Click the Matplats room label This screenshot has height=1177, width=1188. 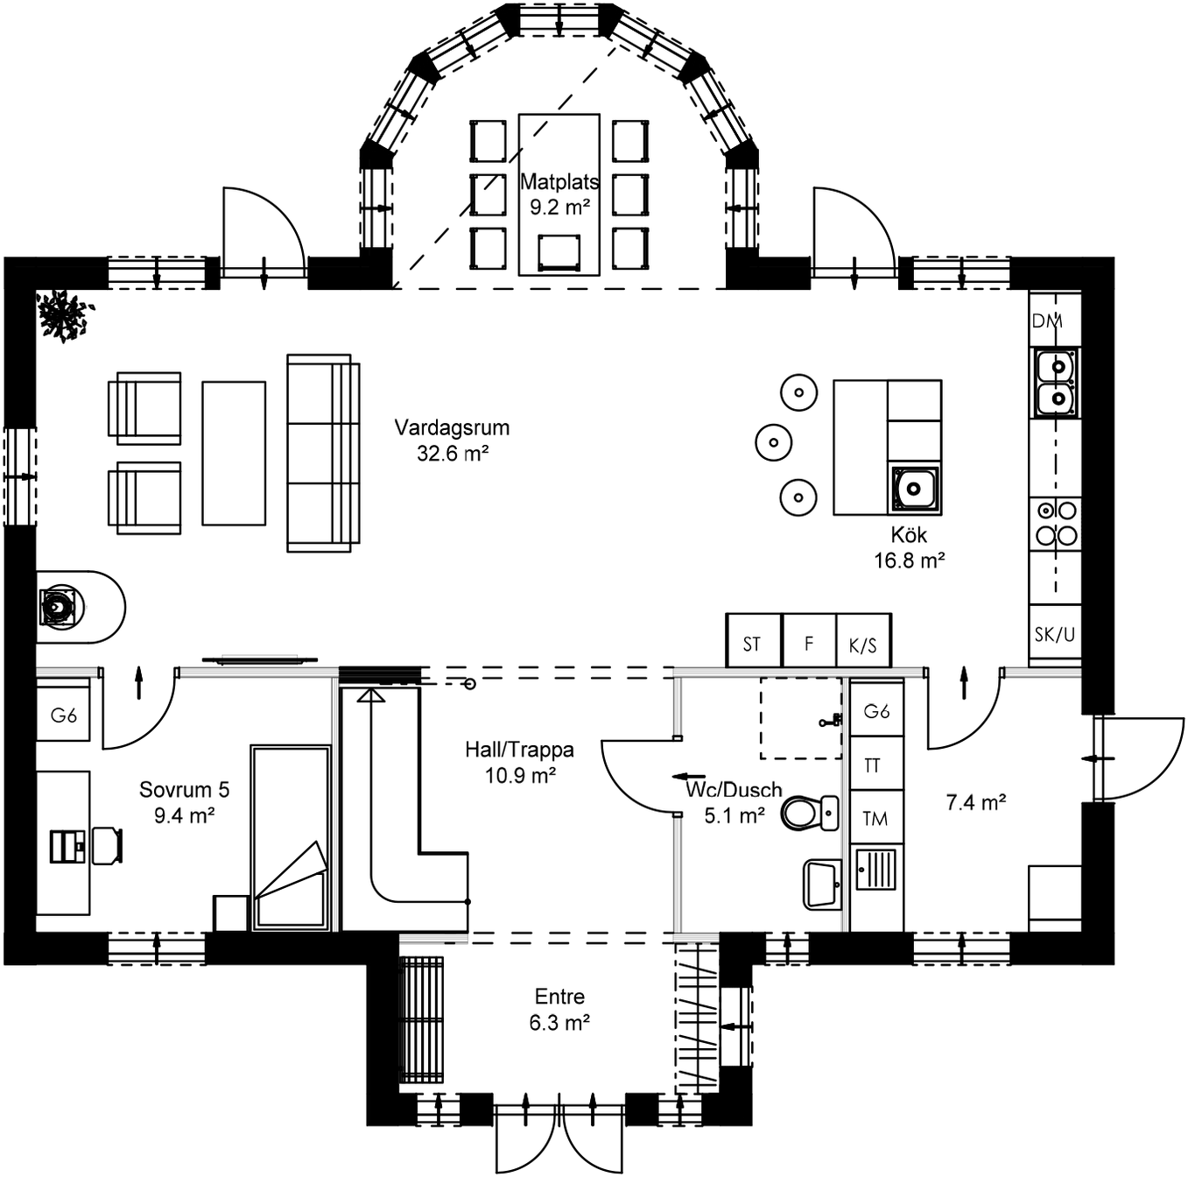[559, 183]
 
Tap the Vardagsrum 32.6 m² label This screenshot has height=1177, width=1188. [452, 440]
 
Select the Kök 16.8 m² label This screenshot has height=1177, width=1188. [909, 547]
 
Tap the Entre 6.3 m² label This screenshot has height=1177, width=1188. [559, 1009]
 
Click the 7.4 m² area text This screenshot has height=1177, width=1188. [975, 802]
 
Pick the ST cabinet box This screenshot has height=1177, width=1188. [753, 643]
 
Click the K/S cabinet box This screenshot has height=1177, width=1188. [863, 645]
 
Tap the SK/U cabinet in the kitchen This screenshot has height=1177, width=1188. [1054, 635]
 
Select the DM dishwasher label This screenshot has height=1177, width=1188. [1047, 321]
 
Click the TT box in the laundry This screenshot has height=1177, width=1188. [875, 765]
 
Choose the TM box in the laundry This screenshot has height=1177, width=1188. [875, 818]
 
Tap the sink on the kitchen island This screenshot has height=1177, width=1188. [915, 488]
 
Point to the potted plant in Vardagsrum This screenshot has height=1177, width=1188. [64, 314]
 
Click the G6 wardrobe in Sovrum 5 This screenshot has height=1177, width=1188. [63, 715]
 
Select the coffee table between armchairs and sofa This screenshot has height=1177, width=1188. [234, 453]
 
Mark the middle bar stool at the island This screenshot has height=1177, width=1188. [773, 442]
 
